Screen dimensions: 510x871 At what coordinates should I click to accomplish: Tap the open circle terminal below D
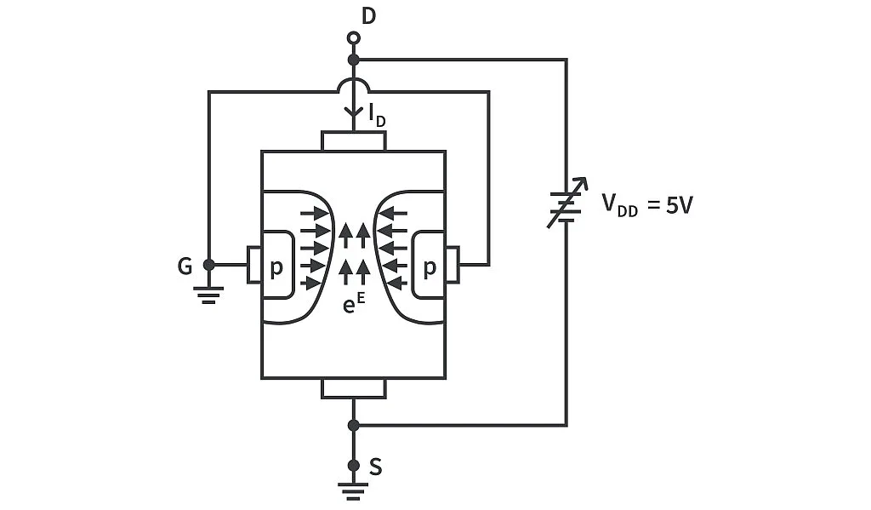click(354, 38)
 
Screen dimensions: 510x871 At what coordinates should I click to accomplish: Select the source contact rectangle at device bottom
click(354, 388)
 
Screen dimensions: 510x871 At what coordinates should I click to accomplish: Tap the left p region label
click(276, 268)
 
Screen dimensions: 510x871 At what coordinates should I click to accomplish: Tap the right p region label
click(430, 268)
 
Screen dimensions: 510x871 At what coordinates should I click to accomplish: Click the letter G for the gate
click(185, 266)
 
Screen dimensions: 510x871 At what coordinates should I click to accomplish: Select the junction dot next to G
click(209, 265)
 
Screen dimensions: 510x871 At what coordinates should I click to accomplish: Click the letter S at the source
click(375, 467)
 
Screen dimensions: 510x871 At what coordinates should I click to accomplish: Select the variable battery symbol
click(566, 204)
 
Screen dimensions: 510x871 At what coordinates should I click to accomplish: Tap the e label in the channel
click(349, 304)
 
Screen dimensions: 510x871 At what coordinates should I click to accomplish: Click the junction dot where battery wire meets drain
click(354, 60)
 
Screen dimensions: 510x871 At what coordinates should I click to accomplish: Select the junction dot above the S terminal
click(354, 425)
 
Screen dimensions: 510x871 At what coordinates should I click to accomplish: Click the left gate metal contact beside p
click(253, 265)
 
